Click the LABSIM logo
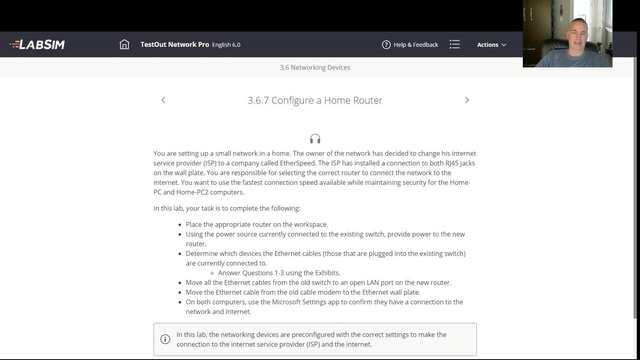pyautogui.click(x=38, y=45)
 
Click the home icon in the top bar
pyautogui.click(x=124, y=45)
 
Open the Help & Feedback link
pyautogui.click(x=415, y=45)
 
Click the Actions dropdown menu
pyautogui.click(x=491, y=45)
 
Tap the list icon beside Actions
pyautogui.click(x=455, y=45)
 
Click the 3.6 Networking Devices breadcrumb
pyautogui.click(x=315, y=68)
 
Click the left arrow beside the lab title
pyautogui.click(x=163, y=100)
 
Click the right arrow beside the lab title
pyautogui.click(x=466, y=100)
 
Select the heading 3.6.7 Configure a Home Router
pyautogui.click(x=315, y=100)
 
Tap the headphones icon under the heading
pyautogui.click(x=315, y=139)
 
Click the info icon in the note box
pyautogui.click(x=165, y=339)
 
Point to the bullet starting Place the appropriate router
pyautogui.click(x=257, y=225)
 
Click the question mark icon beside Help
pyautogui.click(x=386, y=45)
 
